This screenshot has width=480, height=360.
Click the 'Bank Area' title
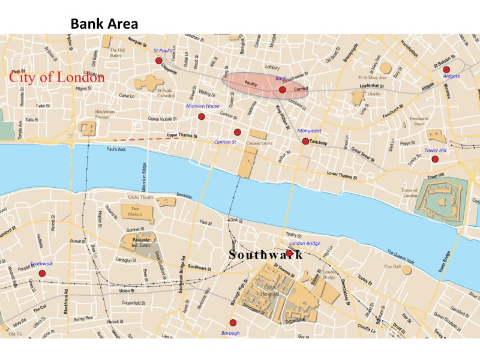[x=104, y=24]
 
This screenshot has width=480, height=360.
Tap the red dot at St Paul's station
[x=158, y=61]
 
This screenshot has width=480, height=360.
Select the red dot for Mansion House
[x=202, y=116]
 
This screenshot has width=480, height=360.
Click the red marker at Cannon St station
[x=237, y=132]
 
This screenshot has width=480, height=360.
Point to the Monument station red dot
[x=305, y=141]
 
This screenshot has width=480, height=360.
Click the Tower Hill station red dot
[x=435, y=158]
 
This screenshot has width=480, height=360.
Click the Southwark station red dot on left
[x=42, y=273]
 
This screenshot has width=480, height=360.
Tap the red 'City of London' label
[x=57, y=77]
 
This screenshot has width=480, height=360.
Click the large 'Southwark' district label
[x=265, y=254]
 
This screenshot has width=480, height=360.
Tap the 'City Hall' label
[x=392, y=266]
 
